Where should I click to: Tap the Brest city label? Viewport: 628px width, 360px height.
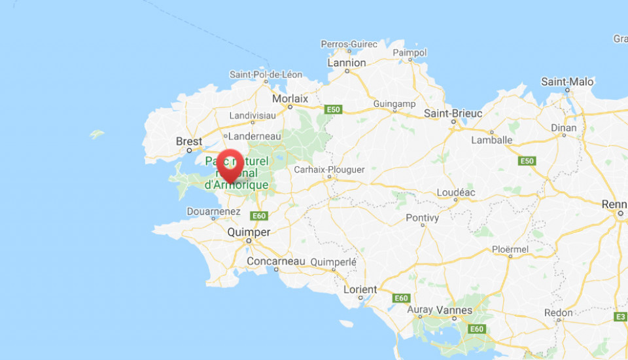(189, 141)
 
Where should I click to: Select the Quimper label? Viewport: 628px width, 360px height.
(248, 232)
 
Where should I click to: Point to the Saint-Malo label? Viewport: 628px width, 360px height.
(567, 82)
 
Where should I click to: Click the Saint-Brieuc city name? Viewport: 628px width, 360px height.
(453, 113)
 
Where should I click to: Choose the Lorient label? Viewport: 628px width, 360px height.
(360, 289)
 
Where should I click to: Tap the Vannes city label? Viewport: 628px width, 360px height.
(459, 310)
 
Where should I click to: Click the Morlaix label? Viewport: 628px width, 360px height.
(290, 99)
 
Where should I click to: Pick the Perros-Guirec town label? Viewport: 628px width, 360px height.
(349, 44)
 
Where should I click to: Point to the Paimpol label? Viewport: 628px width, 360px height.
(410, 52)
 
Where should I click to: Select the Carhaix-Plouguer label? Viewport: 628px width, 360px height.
(329, 169)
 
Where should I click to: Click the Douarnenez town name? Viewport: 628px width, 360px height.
(213, 212)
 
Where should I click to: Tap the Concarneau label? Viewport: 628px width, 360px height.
(276, 261)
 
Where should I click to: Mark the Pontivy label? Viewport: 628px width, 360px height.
(423, 217)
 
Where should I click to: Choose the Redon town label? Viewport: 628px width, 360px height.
(558, 313)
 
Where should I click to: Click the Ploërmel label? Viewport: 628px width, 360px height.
(510, 249)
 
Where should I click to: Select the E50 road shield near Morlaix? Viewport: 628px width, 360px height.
(333, 109)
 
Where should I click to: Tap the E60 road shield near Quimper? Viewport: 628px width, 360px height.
(259, 216)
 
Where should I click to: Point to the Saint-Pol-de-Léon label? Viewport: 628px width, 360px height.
(266, 75)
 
